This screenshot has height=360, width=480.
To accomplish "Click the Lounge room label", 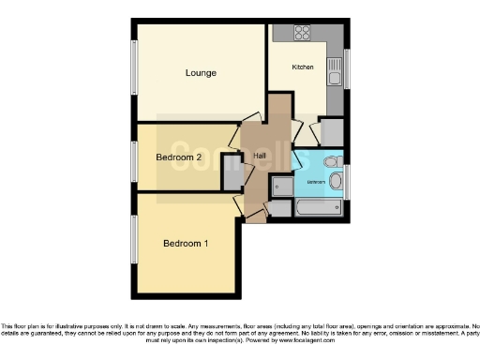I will point(201,73).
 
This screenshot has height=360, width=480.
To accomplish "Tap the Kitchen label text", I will point(303,67).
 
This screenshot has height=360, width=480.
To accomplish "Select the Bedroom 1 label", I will point(186,244).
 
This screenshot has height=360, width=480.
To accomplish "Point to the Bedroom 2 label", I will point(179,157).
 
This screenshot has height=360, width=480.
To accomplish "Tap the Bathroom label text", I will point(315,181).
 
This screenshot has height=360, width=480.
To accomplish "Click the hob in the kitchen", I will point(302,35).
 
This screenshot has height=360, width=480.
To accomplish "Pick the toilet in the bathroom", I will point(330,162).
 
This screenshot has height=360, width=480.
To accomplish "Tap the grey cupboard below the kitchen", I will point(332,132).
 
